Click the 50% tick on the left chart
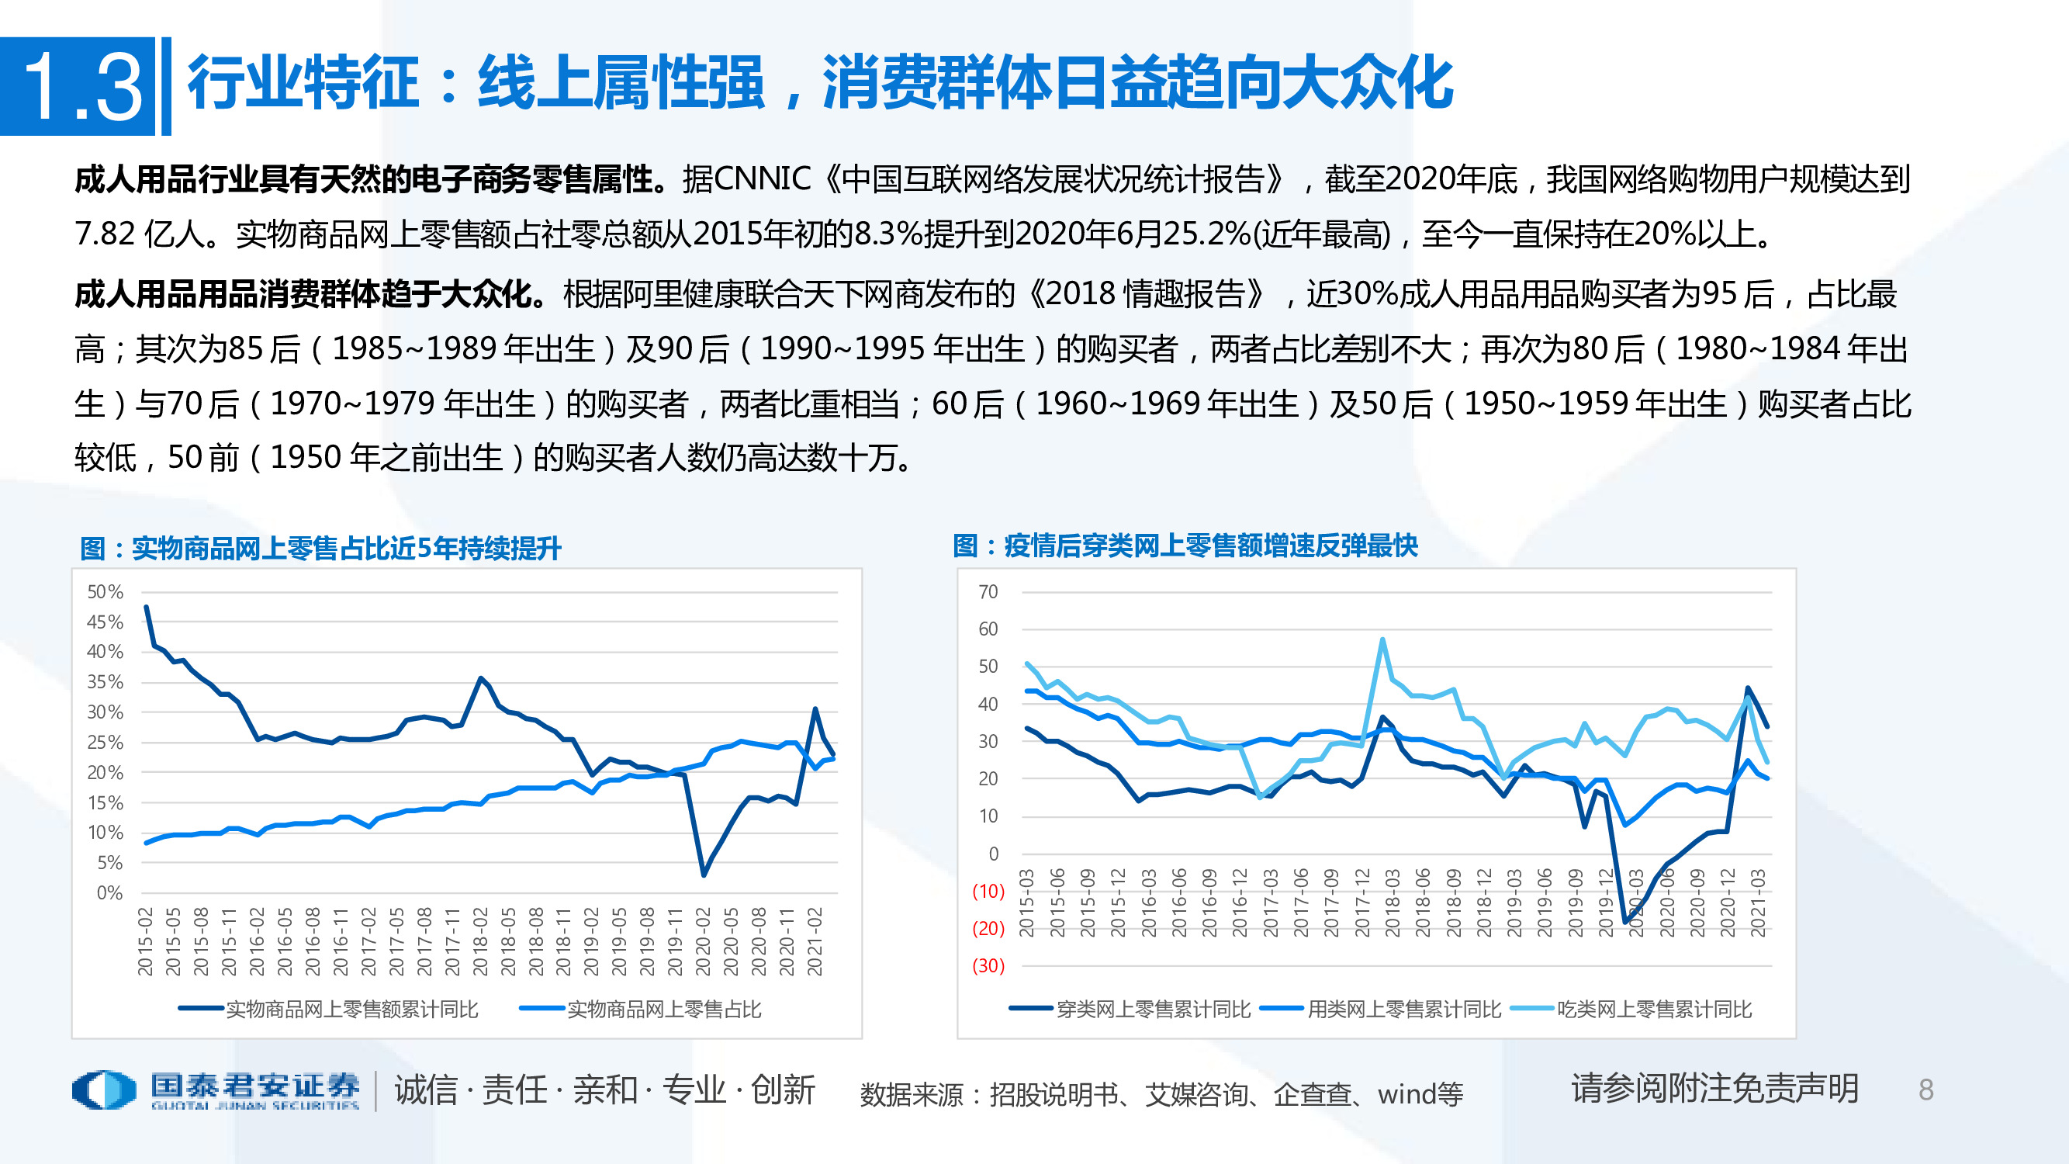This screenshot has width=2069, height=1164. pyautogui.click(x=106, y=592)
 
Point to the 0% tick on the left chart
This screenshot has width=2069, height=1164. pyautogui.click(x=109, y=892)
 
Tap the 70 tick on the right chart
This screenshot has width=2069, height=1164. pyautogui.click(x=988, y=592)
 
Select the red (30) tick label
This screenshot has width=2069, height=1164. pyautogui.click(x=988, y=965)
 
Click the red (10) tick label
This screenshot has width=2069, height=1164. pyautogui.click(x=988, y=891)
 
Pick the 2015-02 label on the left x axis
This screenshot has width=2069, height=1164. pyautogui.click(x=145, y=941)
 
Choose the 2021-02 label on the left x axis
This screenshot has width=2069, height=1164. pyautogui.click(x=815, y=941)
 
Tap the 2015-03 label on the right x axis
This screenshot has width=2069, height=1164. pyautogui.click(x=1026, y=903)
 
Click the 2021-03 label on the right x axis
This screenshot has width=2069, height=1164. pyautogui.click(x=1758, y=903)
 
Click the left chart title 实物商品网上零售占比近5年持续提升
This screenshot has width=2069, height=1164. pyautogui.click(x=321, y=549)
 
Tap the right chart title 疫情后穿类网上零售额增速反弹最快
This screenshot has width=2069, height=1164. pyautogui.click(x=1185, y=546)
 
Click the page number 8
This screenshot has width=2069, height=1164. pyautogui.click(x=1925, y=1090)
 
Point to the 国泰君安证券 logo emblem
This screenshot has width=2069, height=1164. pyautogui.click(x=104, y=1090)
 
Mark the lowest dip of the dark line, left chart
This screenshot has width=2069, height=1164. pyautogui.click(x=704, y=874)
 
